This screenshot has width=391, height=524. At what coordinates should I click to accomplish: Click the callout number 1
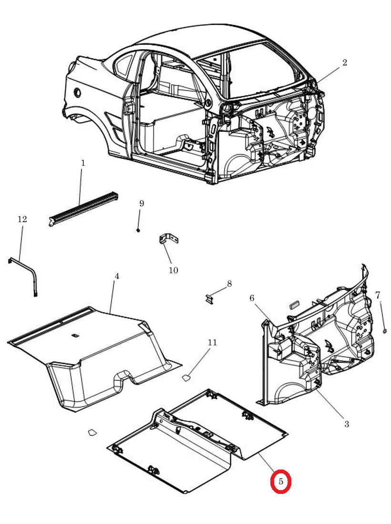point(83,163)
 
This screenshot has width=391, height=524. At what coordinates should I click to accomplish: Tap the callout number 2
point(345,62)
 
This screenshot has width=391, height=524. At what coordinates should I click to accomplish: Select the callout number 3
point(347,424)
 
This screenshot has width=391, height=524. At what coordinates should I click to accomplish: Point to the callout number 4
point(117,276)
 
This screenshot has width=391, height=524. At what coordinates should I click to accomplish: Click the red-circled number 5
point(280,481)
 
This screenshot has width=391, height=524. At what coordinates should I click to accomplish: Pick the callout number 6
point(252,298)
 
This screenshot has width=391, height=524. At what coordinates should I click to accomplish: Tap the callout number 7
point(377,295)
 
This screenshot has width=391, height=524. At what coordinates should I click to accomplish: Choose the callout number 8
point(229,284)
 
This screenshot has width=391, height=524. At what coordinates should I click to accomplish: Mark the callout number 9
point(142,203)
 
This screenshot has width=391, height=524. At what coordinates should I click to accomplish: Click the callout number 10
point(173,270)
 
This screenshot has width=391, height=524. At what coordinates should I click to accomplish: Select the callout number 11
point(212,342)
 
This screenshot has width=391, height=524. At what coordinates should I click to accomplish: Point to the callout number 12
point(22,219)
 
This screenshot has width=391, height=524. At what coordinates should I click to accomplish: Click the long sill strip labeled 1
point(83,209)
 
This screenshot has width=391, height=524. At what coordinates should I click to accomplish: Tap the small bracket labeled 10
point(169,239)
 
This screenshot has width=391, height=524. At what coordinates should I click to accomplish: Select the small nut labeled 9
point(138,230)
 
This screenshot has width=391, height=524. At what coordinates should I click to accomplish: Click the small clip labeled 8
point(209,299)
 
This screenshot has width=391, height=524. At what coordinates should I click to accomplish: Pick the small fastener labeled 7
point(384,331)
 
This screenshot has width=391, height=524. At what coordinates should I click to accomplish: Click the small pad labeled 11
point(186,378)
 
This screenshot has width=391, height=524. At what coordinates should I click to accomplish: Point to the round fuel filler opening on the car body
point(77,93)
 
